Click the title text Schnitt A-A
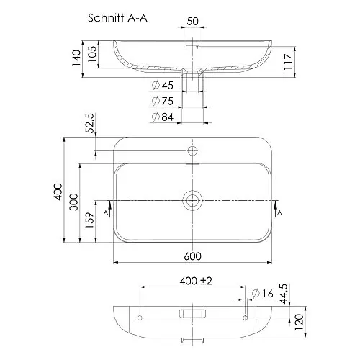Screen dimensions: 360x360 117,18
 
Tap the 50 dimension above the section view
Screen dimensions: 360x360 192,22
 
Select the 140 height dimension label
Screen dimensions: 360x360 76,58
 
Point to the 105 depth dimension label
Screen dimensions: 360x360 92,54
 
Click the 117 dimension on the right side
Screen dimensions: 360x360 289,62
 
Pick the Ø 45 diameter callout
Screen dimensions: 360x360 163,85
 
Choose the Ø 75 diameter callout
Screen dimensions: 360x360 163,101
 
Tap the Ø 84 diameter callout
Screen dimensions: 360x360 163,117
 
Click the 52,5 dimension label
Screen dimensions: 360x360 90,123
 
